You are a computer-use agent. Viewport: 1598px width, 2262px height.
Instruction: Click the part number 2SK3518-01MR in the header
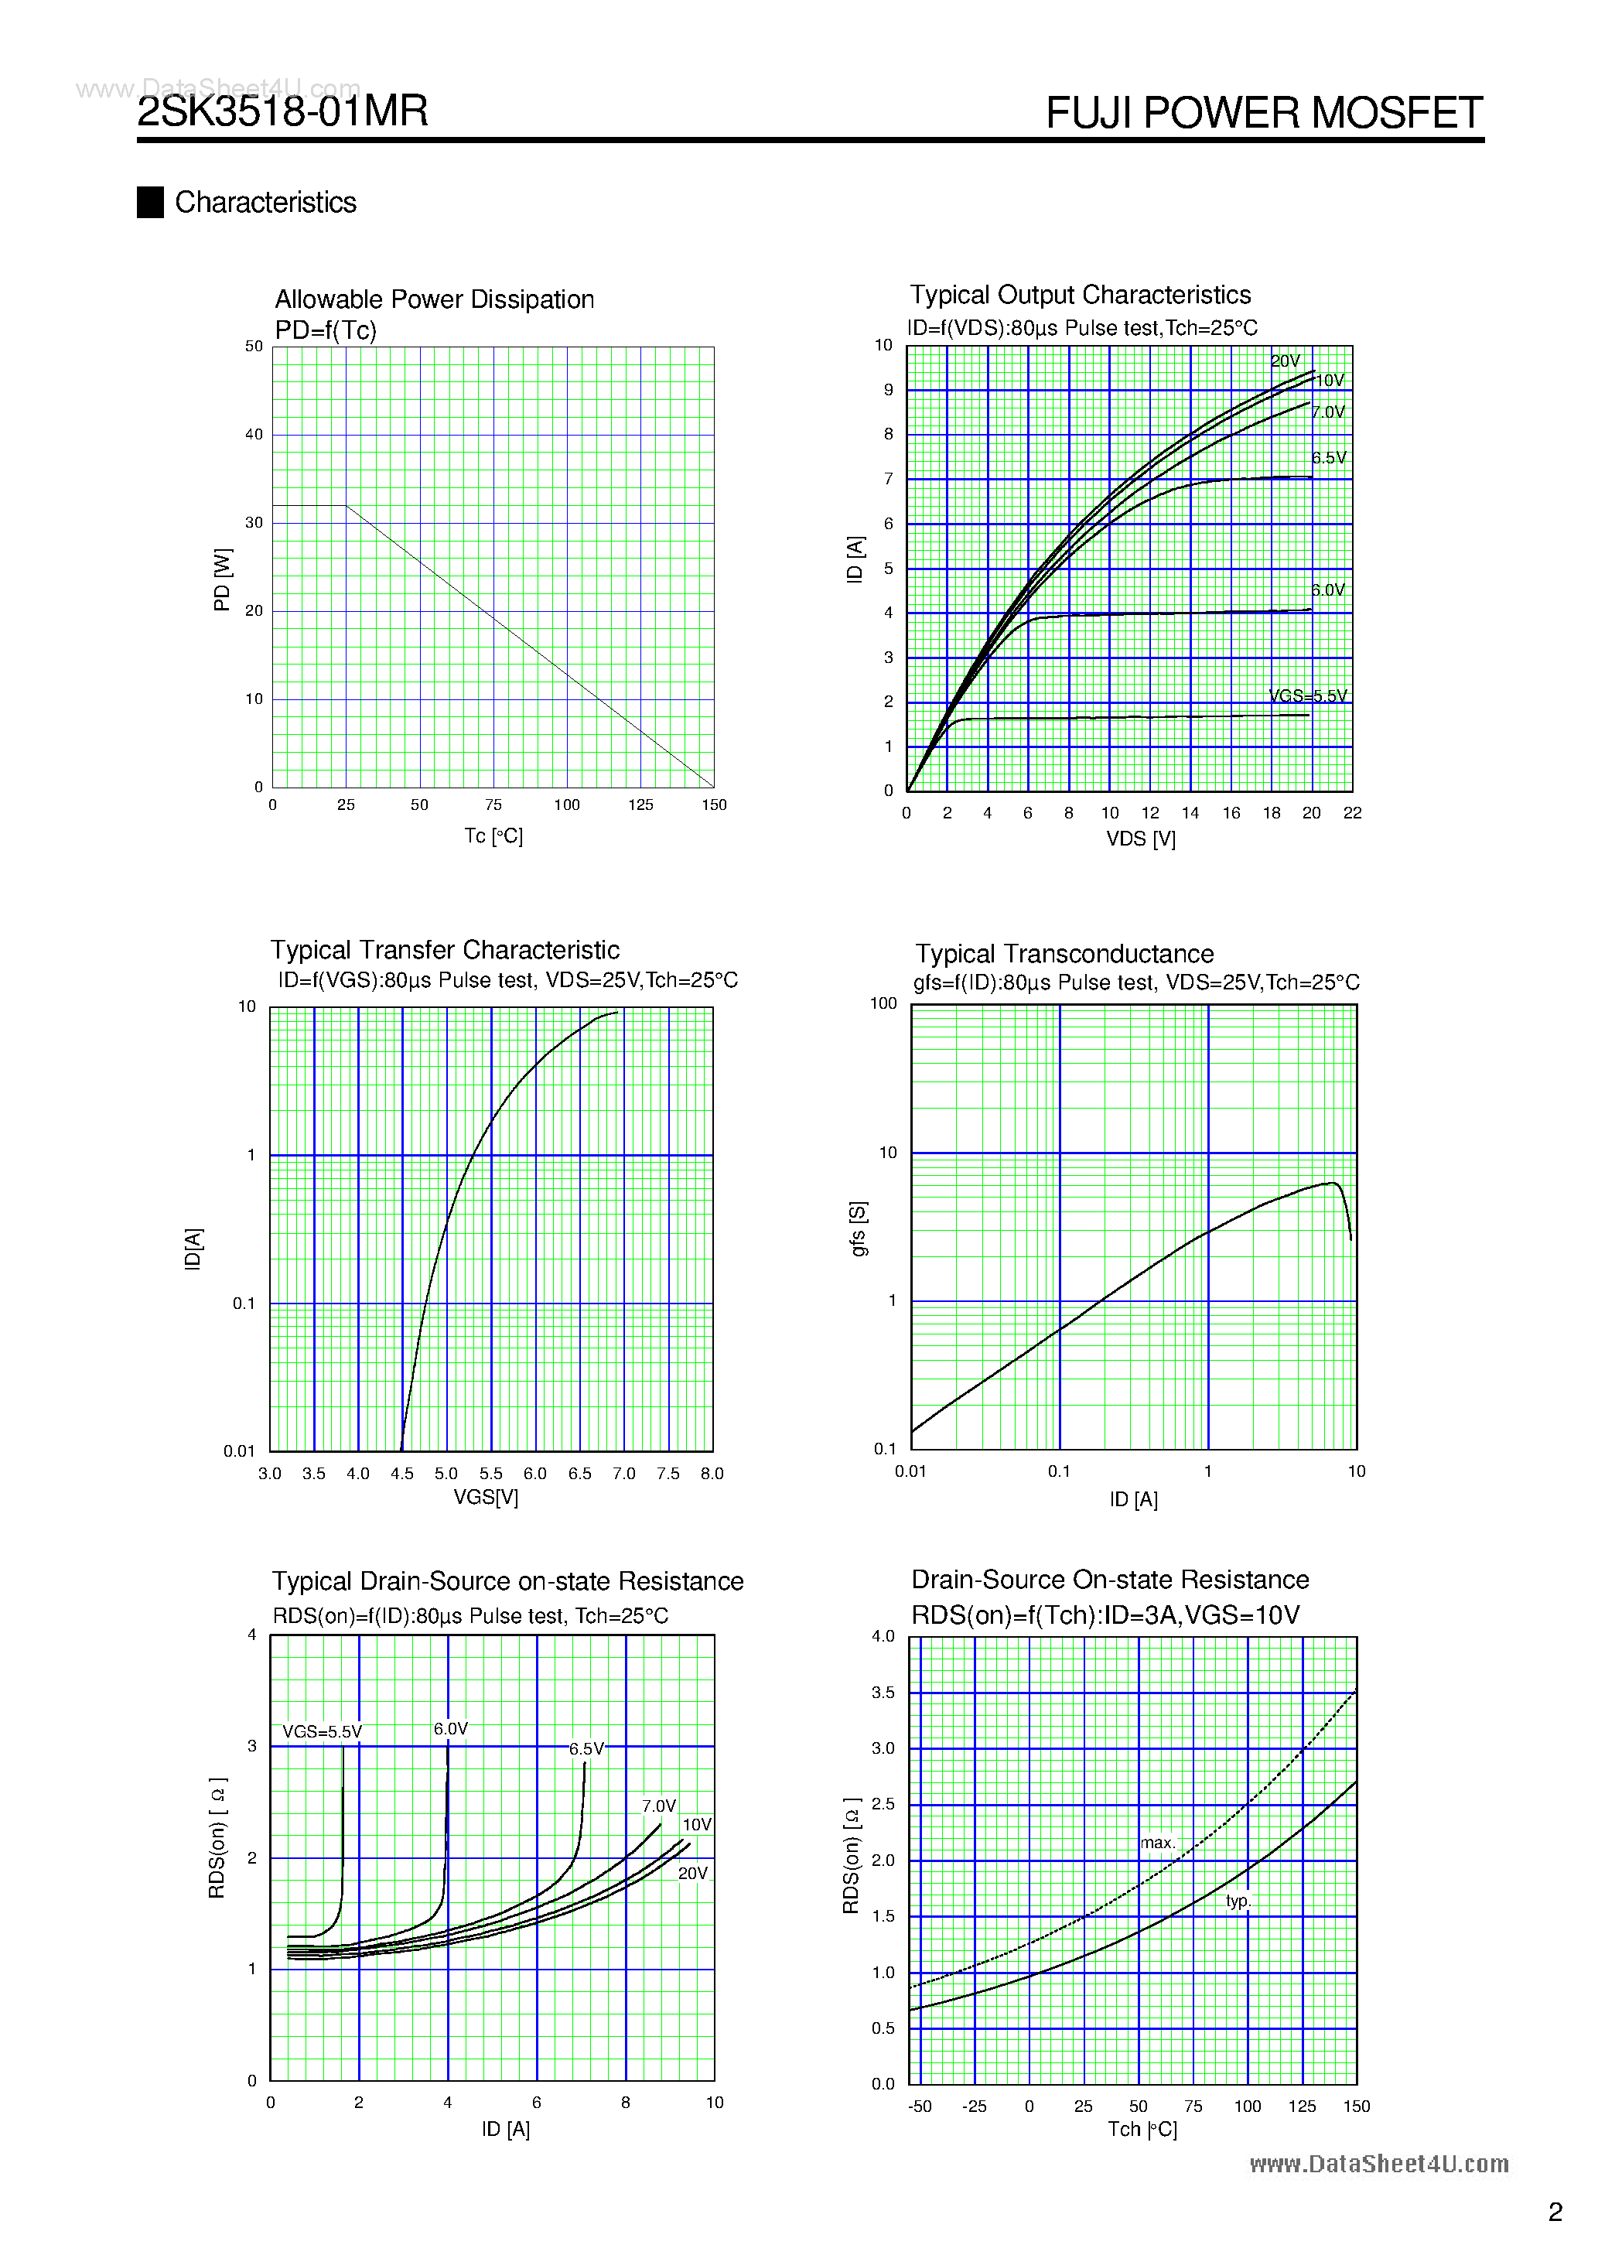(x=283, y=111)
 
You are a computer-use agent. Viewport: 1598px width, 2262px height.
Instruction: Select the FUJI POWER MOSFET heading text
(x=1264, y=113)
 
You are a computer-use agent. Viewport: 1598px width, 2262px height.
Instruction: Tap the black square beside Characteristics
(x=150, y=202)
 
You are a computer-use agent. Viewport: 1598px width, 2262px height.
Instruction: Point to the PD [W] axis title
(x=223, y=580)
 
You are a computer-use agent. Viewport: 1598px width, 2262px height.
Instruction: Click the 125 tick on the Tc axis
(x=640, y=805)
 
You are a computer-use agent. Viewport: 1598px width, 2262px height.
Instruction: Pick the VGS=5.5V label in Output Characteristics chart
(x=1307, y=695)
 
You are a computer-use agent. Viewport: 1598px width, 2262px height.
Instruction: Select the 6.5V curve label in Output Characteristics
(x=1328, y=458)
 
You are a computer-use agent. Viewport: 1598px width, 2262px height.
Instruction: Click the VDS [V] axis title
(x=1140, y=839)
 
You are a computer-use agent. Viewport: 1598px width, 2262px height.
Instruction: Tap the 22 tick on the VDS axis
(x=1352, y=813)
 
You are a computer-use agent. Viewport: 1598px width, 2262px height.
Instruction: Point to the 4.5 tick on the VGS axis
(x=402, y=1474)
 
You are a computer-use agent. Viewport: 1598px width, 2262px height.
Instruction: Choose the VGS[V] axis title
(x=486, y=1498)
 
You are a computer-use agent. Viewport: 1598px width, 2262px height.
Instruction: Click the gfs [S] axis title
(x=858, y=1228)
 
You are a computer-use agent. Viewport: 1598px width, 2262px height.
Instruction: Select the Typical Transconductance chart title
(x=1064, y=954)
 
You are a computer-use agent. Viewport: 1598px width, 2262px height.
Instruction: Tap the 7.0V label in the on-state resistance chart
(x=658, y=1806)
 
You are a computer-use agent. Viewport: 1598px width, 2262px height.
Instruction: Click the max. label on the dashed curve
(x=1158, y=1842)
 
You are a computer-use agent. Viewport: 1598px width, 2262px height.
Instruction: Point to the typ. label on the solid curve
(x=1238, y=1901)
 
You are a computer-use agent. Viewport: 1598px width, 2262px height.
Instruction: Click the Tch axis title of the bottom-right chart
(x=1142, y=2129)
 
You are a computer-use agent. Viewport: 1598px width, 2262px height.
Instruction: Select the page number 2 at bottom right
(x=1555, y=2212)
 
